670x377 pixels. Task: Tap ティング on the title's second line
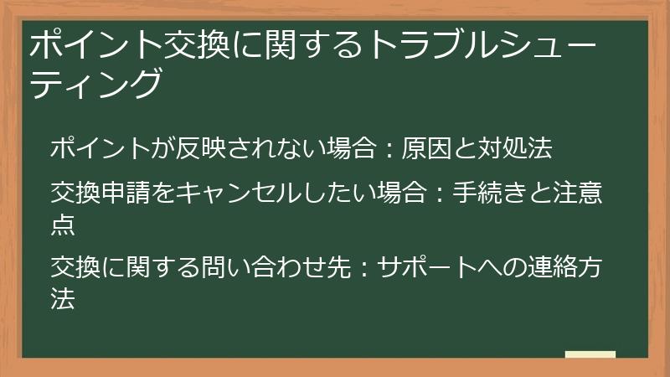(94, 84)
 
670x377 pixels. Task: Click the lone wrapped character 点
(63, 224)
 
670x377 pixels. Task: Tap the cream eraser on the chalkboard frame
(590, 354)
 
